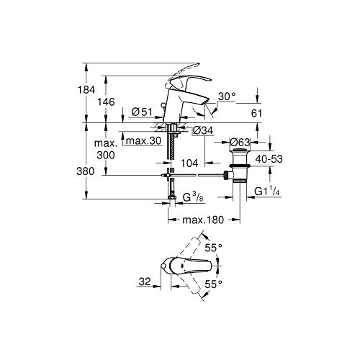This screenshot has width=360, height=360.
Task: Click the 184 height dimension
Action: pyautogui.click(x=86, y=90)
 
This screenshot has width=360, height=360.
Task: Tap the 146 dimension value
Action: pyautogui.click(x=106, y=102)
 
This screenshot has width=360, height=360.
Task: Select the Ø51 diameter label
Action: pyautogui.click(x=142, y=112)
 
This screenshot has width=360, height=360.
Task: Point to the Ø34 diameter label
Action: pyautogui.click(x=203, y=130)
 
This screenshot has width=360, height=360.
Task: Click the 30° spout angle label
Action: pyautogui.click(x=227, y=96)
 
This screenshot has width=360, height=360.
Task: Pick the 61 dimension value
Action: pyautogui.click(x=256, y=113)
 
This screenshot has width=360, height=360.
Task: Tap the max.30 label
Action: pyautogui.click(x=143, y=141)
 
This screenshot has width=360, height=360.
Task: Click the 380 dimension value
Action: pyautogui.click(x=86, y=171)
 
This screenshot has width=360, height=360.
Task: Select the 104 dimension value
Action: pyautogui.click(x=189, y=163)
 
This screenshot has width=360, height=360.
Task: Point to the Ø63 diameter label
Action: pyautogui.click(x=240, y=143)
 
